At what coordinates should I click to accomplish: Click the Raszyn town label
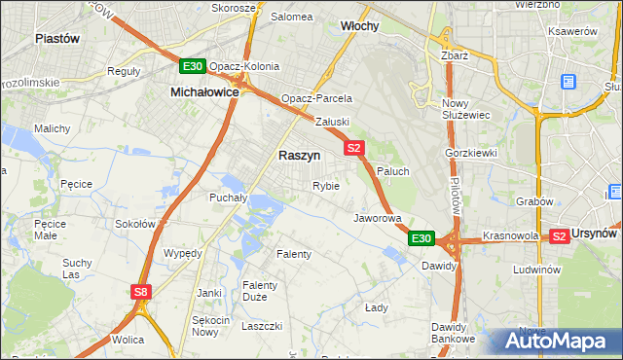click(299, 155)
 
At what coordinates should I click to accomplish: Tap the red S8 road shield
click(142, 291)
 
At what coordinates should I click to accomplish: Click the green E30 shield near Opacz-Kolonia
click(193, 66)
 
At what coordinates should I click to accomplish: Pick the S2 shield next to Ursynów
click(559, 235)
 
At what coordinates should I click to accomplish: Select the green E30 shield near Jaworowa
click(421, 237)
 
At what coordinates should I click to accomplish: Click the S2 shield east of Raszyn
click(353, 148)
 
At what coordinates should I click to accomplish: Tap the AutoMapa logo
click(554, 342)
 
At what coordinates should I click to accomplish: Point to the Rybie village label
click(325, 186)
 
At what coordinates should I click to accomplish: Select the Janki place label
click(208, 292)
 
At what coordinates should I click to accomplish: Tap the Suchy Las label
click(77, 269)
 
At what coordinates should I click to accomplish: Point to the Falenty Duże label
click(261, 291)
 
